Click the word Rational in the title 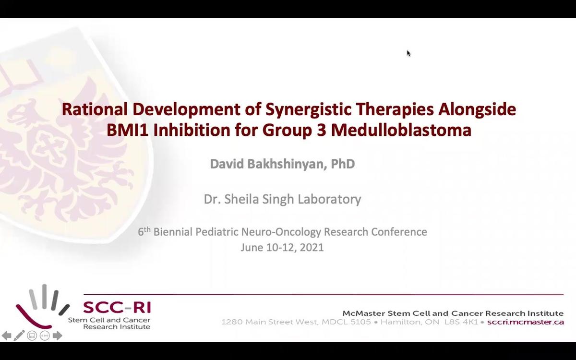click(95, 109)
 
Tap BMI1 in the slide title click(128, 130)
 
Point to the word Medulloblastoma click(401, 130)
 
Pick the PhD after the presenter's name click(343, 164)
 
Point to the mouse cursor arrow click(408, 53)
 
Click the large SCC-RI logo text click(117, 307)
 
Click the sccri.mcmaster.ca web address click(525, 322)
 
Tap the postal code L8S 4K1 click(461, 322)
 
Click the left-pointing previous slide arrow click(6, 336)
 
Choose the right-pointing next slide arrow click(57, 336)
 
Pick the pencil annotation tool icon click(19, 336)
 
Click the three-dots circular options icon click(45, 336)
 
